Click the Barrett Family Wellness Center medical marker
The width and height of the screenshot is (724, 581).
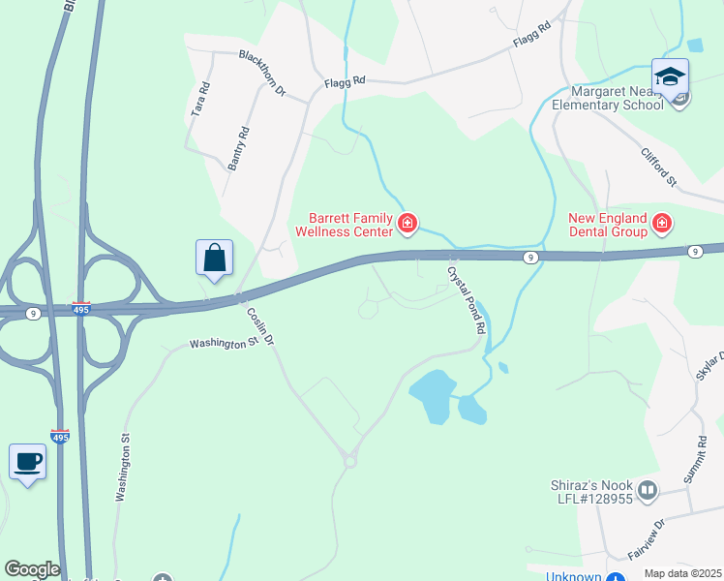pos(407,226)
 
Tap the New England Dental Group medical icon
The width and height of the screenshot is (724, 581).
pos(662,225)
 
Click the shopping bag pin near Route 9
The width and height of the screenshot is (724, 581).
pos(214,260)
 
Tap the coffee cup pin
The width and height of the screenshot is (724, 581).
pos(27,462)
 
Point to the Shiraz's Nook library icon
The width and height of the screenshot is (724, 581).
pos(648,491)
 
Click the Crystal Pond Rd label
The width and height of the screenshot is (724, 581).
pos(465,299)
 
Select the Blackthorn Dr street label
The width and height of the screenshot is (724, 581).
pos(263,73)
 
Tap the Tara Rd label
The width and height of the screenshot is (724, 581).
pos(200,100)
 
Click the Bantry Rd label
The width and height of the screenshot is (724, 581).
pos(238,148)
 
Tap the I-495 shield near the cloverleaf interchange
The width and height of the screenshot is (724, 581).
pos(80,307)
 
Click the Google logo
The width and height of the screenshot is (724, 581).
pos(31,569)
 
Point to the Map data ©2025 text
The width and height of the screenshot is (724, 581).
pos(682,573)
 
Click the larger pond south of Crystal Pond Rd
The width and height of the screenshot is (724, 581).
pos(432,394)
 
